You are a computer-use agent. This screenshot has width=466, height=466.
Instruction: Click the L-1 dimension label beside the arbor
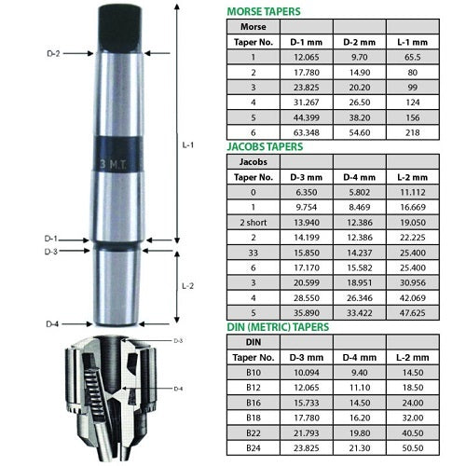coord(189,146)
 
